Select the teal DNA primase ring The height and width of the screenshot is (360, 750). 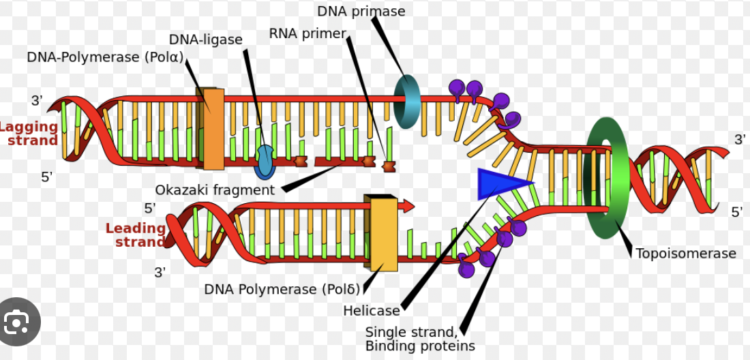[408, 102]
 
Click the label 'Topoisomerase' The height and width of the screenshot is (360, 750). [686, 254]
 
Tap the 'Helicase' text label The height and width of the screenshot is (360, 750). [372, 311]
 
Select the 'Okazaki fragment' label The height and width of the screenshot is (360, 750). [215, 190]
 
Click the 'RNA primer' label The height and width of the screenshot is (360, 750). [307, 33]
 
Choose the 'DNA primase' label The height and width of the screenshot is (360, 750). [361, 12]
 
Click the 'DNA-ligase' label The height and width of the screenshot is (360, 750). [206, 40]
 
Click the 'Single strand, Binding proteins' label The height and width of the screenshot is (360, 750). [420, 339]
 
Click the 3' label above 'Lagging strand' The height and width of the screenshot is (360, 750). [36, 101]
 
